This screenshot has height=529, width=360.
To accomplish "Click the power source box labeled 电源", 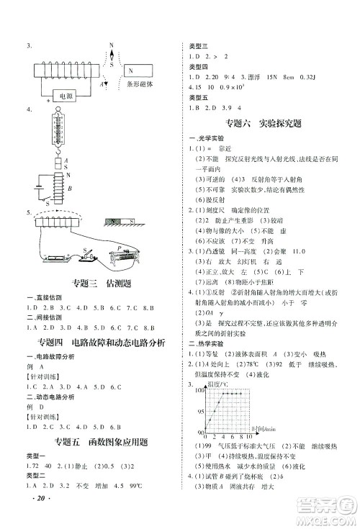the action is [x=66, y=96].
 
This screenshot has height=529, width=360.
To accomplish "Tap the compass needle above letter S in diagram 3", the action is [x=111, y=55].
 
